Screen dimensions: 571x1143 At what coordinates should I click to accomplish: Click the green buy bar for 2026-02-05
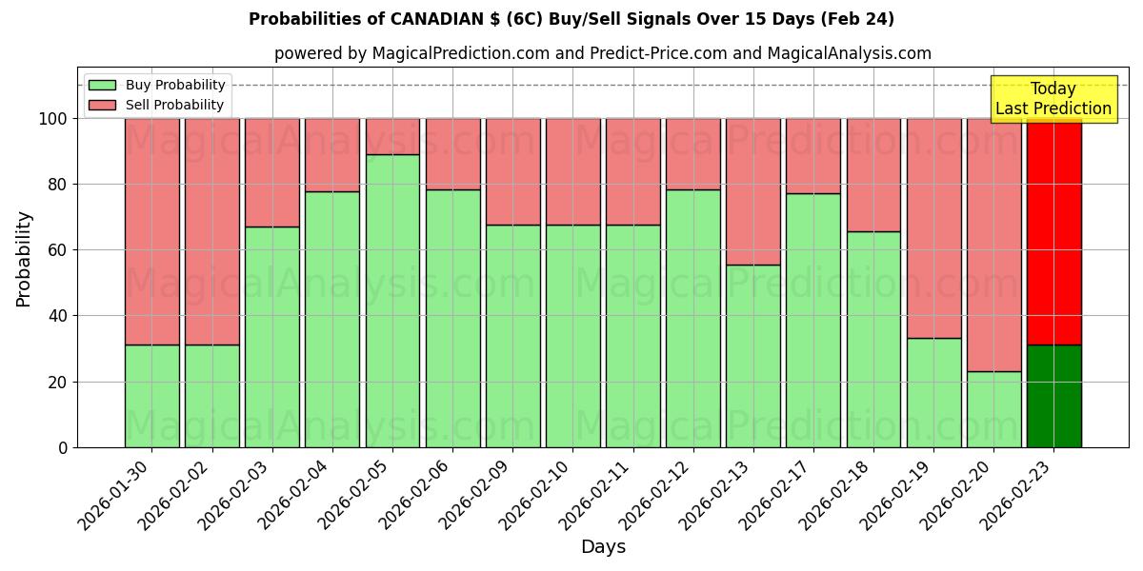click(392, 301)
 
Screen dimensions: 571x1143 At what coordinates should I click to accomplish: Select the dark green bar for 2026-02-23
click(1053, 396)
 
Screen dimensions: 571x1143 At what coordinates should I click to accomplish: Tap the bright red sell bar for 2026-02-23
click(1053, 231)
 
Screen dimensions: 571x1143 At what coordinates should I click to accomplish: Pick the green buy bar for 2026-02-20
click(993, 409)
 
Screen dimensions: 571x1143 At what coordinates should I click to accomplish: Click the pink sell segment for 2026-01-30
click(151, 231)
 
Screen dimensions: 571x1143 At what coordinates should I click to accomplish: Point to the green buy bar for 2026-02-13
click(752, 356)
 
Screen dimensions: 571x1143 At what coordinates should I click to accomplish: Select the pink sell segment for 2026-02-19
click(933, 228)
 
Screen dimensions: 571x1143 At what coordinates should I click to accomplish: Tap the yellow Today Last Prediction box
click(1053, 99)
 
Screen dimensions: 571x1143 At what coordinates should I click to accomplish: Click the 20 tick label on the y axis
click(58, 383)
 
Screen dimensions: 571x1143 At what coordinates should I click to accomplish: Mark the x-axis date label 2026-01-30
click(114, 495)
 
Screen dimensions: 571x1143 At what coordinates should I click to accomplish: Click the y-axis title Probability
click(24, 258)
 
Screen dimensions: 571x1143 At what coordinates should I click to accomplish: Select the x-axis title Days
click(603, 547)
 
